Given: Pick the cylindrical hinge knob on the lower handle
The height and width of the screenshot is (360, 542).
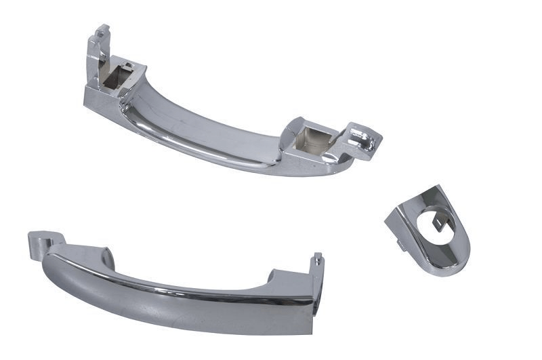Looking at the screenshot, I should [42, 239].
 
